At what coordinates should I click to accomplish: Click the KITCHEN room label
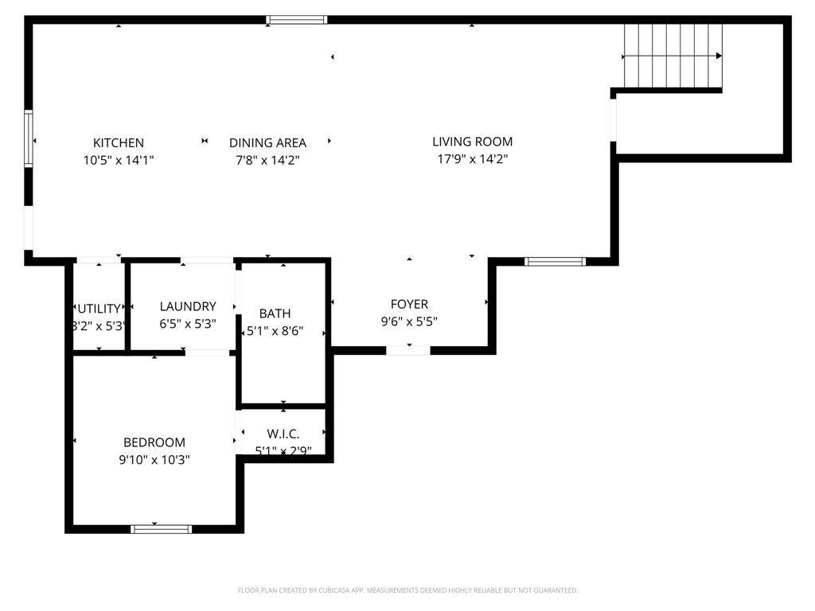[119, 143]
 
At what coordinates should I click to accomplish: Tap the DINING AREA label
[267, 143]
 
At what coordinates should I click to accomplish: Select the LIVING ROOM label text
[472, 142]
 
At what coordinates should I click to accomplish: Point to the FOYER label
[409, 304]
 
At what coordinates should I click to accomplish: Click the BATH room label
[275, 313]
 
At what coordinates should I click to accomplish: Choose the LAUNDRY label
[188, 306]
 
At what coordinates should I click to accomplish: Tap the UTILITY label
[99, 309]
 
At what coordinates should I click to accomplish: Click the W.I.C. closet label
[283, 434]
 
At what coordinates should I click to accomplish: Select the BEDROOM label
[154, 442]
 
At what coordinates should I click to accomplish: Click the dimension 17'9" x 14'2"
[472, 159]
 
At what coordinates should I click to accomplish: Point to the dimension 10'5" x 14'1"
[119, 160]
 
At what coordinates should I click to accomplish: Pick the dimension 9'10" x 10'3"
[154, 459]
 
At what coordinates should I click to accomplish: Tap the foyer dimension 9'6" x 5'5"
[409, 321]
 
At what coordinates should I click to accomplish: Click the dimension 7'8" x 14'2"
[267, 160]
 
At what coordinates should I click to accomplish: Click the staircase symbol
[673, 56]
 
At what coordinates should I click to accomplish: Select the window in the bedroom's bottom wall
[162, 528]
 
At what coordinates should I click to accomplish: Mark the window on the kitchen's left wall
[29, 139]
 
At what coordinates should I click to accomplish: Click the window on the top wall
[296, 20]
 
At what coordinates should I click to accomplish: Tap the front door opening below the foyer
[408, 350]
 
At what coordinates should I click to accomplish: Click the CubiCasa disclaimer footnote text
[407, 590]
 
